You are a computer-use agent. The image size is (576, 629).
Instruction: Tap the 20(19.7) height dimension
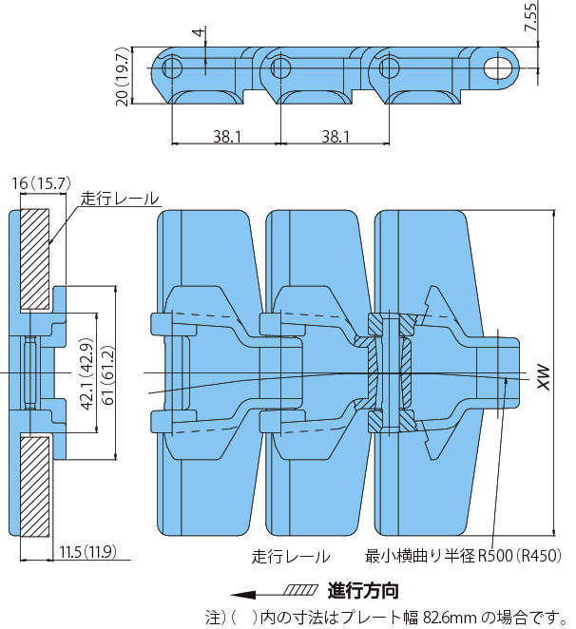click(x=122, y=75)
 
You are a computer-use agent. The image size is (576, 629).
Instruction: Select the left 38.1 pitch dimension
click(x=226, y=136)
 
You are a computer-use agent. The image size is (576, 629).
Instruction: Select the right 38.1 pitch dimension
click(x=334, y=136)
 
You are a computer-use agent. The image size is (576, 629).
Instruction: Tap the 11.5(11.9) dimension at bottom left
click(x=86, y=551)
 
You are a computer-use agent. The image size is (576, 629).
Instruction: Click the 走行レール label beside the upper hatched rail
click(x=119, y=199)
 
